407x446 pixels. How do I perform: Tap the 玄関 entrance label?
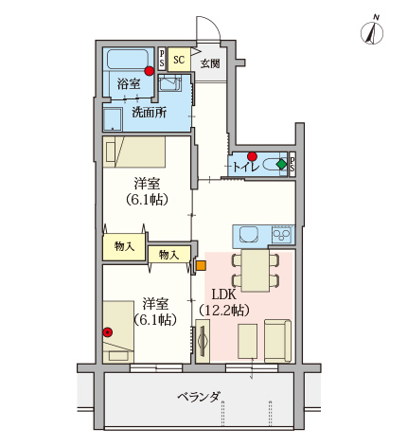click(x=210, y=63)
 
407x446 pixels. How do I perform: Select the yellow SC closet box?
click(x=178, y=58)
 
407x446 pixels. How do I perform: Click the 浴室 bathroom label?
click(x=130, y=84)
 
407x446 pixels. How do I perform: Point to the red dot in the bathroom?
click(x=150, y=70)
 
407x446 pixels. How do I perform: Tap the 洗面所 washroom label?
click(x=150, y=112)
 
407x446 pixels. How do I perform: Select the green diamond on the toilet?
click(x=281, y=165)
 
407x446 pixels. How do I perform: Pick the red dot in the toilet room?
click(x=252, y=156)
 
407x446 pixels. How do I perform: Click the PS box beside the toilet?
click(x=292, y=164)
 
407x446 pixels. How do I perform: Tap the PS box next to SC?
click(x=162, y=58)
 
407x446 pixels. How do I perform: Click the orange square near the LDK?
click(x=200, y=265)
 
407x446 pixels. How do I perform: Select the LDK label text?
click(x=225, y=294)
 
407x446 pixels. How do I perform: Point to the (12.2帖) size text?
click(x=225, y=311)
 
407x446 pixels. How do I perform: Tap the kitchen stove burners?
click(x=282, y=234)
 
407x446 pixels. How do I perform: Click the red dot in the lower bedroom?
click(x=108, y=331)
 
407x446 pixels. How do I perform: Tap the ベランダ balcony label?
click(x=198, y=396)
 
